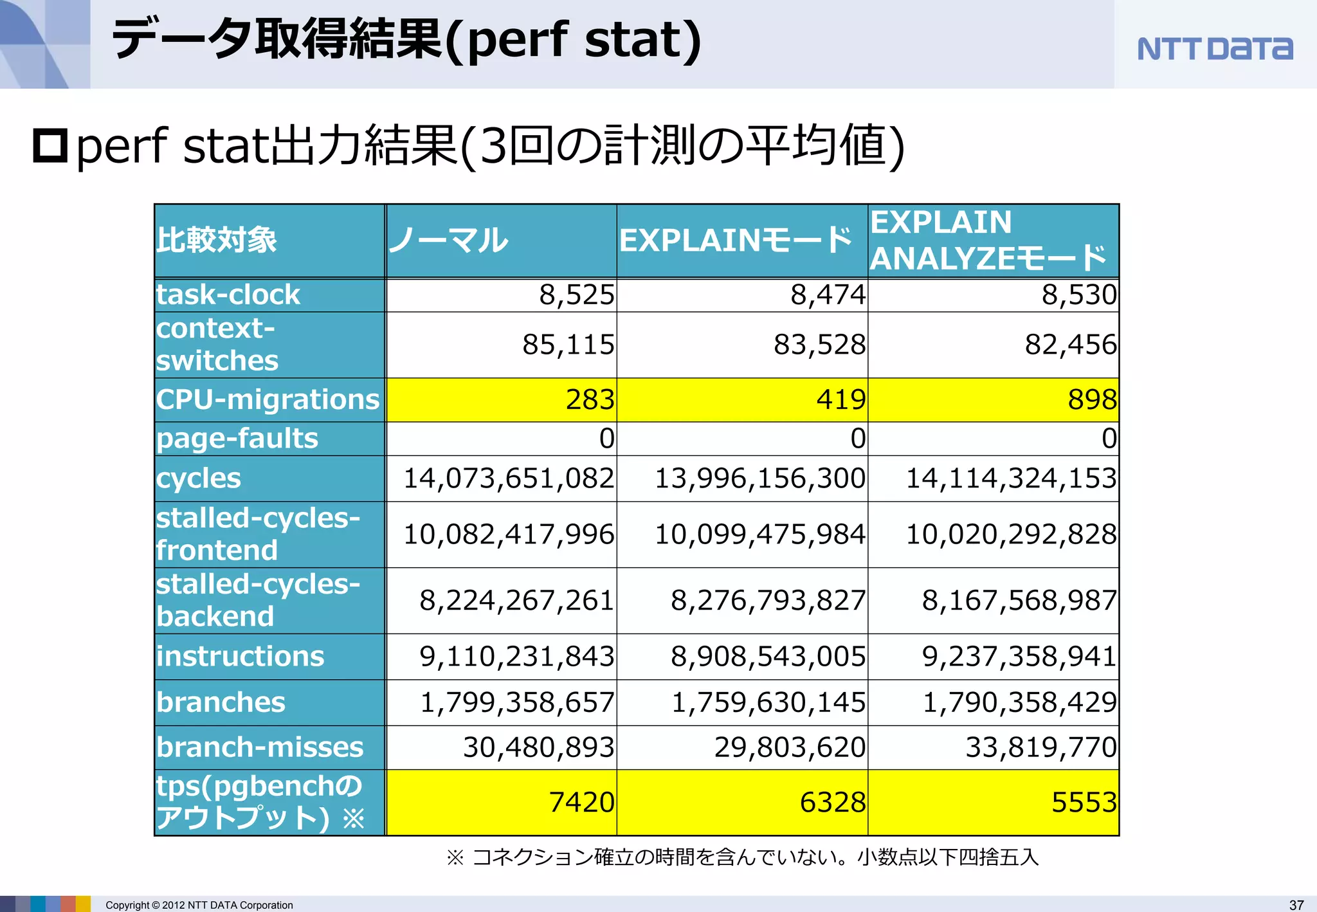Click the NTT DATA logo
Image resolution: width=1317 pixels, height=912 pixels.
pyautogui.click(x=1214, y=49)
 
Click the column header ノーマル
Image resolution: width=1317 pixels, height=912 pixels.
pyautogui.click(x=448, y=241)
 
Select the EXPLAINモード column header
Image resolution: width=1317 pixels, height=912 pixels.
pyautogui.click(x=736, y=241)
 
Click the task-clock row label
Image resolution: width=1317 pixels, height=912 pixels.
pyautogui.click(x=228, y=295)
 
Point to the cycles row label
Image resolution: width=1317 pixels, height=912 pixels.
pyautogui.click(x=199, y=479)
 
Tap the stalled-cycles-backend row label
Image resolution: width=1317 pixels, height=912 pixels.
pyautogui.click(x=257, y=600)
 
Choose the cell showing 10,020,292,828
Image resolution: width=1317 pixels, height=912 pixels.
pyautogui.click(x=1010, y=534)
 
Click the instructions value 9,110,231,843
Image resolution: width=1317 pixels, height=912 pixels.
pyautogui.click(x=516, y=656)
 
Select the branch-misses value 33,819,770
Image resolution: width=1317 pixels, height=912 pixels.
pyautogui.click(x=1040, y=747)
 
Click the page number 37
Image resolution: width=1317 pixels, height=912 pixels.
pyautogui.click(x=1296, y=905)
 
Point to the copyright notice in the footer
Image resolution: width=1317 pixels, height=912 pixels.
pyautogui.click(x=199, y=905)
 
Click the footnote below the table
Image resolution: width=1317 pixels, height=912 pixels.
pyautogui.click(x=743, y=857)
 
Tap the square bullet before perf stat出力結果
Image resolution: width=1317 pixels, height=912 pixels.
pyautogui.click(x=50, y=146)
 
